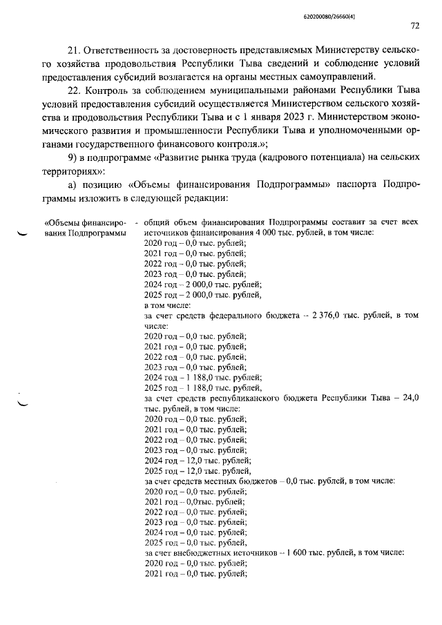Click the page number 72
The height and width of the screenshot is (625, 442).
click(x=414, y=26)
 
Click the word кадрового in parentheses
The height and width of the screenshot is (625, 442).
click(x=330, y=158)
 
